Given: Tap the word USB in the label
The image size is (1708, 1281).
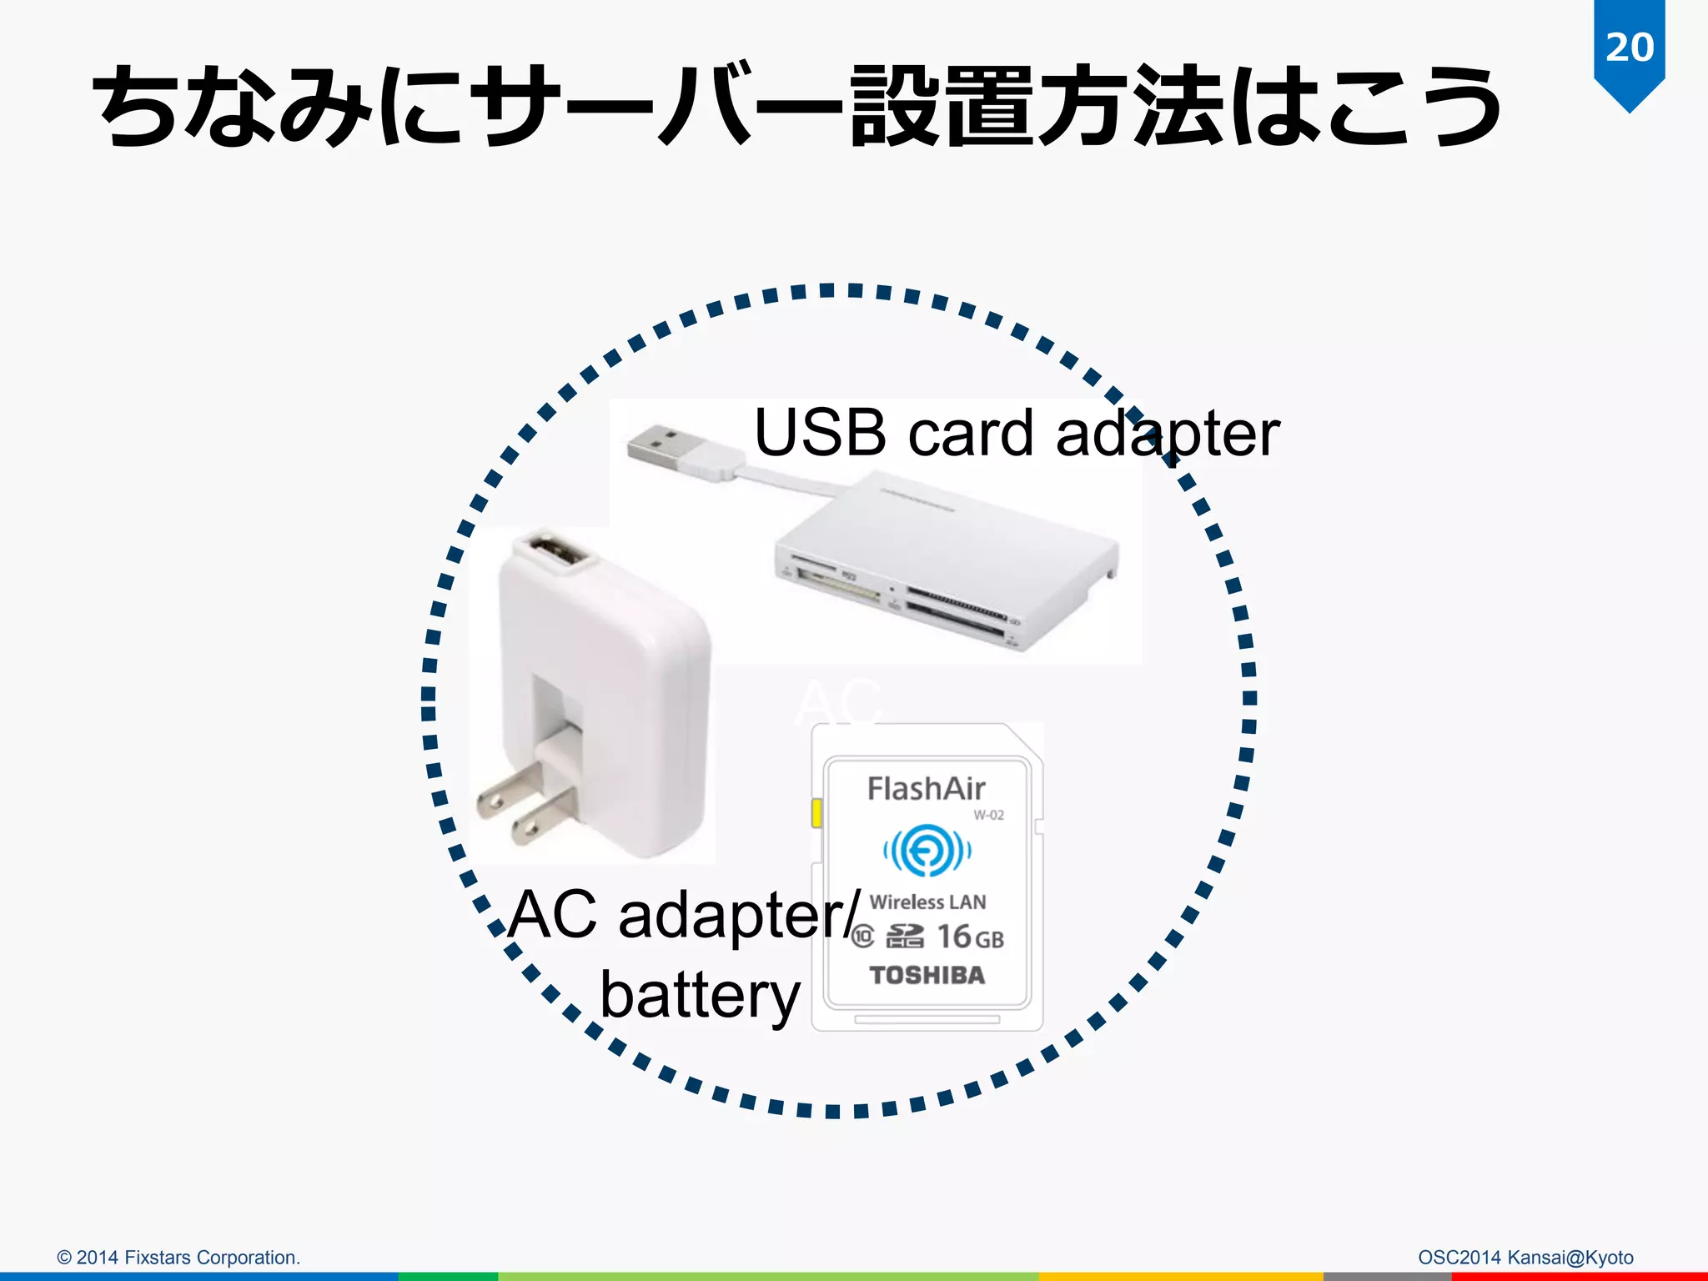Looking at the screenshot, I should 819,434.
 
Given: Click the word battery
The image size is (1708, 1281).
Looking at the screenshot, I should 700,997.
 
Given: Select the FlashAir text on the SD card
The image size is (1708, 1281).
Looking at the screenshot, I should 926,789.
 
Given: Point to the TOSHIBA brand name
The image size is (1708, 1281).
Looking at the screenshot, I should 927,975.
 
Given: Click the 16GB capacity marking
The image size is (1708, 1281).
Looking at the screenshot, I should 970,937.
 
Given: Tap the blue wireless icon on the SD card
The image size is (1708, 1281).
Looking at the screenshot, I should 927,851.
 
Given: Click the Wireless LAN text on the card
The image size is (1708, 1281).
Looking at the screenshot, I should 927,902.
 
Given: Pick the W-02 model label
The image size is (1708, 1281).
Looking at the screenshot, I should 988,815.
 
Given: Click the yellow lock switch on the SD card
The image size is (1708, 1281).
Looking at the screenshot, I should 816,813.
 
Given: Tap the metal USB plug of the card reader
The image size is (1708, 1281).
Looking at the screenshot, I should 663,447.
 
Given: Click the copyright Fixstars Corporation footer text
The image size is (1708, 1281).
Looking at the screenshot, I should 178,1257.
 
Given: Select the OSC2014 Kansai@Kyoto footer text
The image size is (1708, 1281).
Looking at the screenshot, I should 1525,1257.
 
